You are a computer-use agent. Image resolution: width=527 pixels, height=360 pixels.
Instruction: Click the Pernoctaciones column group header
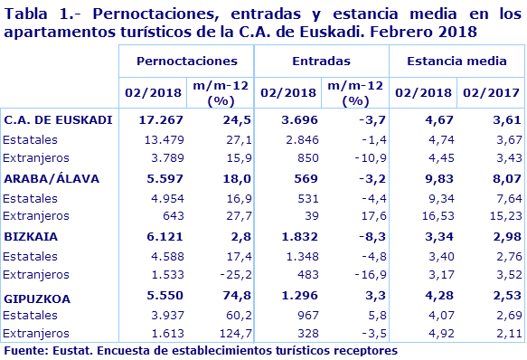coord(186,61)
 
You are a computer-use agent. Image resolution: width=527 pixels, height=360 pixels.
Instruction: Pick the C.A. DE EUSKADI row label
coord(58,119)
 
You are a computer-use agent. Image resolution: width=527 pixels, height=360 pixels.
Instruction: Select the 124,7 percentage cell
coord(231,334)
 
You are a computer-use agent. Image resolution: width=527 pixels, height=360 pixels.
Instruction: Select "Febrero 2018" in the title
coord(428,31)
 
